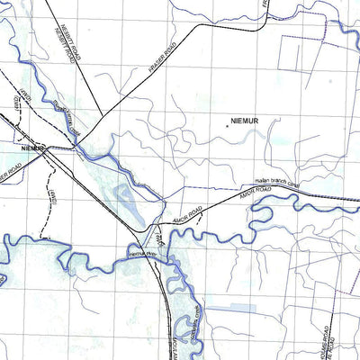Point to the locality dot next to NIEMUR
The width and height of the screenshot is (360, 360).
(228, 125)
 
